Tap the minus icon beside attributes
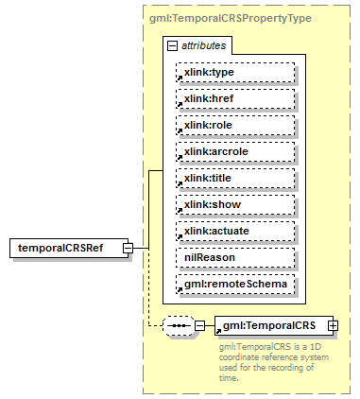point(171,44)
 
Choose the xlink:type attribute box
point(235,72)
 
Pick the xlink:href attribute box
point(235,98)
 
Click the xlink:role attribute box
point(235,125)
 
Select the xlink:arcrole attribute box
point(235,151)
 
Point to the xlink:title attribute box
point(235,178)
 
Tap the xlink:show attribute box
point(235,204)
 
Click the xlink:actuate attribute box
point(235,231)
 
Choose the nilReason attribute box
point(235,257)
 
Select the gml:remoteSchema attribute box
point(235,284)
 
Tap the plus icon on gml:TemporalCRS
point(333,325)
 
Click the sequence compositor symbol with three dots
point(179,326)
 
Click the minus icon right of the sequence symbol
point(200,326)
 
